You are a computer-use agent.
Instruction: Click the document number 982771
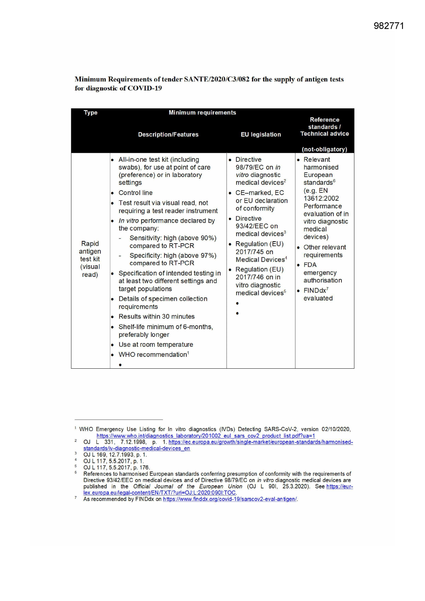click(389, 26)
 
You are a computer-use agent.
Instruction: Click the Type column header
click(90, 113)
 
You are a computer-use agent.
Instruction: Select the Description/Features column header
click(168, 135)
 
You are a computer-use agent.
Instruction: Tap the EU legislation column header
click(261, 135)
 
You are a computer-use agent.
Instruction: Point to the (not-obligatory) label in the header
click(324, 149)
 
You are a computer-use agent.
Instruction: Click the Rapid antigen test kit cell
click(90, 259)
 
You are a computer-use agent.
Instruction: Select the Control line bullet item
click(136, 193)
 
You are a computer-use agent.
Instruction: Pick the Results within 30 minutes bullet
click(157, 317)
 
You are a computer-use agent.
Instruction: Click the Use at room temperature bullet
click(156, 345)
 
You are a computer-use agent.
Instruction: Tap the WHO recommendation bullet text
click(153, 355)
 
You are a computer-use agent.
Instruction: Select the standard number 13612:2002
click(321, 198)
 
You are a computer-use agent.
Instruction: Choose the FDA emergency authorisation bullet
click(322, 273)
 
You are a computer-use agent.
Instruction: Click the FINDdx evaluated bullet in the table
click(318, 294)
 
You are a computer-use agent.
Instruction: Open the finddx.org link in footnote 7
click(230, 499)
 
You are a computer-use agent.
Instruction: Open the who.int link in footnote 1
click(205, 436)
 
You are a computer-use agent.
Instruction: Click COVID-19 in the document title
click(145, 88)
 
